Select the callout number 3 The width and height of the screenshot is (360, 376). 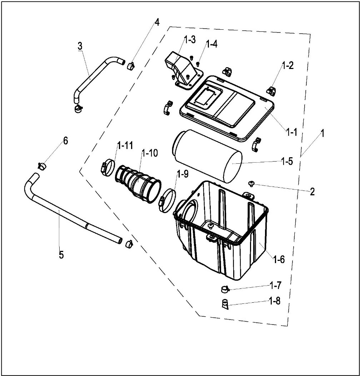pos(80,46)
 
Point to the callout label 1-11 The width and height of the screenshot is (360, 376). pos(125,145)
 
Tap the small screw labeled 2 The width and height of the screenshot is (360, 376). pos(251,184)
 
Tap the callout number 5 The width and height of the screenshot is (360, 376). pos(61,255)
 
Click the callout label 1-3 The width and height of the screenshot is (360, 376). pos(190,40)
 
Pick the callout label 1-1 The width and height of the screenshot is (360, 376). pos(291,132)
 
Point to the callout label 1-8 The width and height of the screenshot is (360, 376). pos(274,301)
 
